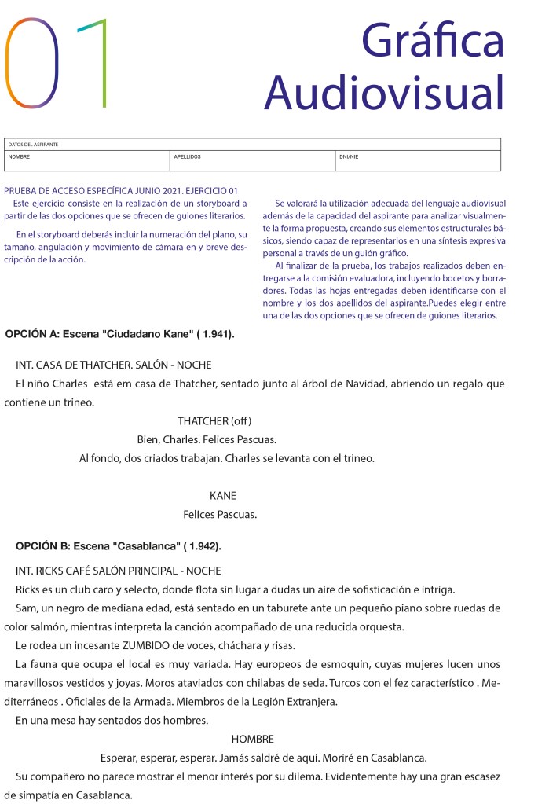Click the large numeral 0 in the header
(33, 63)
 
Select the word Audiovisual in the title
(384, 93)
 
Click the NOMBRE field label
(19, 157)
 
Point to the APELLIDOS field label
(187, 157)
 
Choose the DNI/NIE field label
(349, 157)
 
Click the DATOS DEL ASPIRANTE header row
(33, 145)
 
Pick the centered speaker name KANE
(223, 496)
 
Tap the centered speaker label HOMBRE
(253, 740)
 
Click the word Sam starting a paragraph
(25, 608)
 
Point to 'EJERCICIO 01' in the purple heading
(209, 191)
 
